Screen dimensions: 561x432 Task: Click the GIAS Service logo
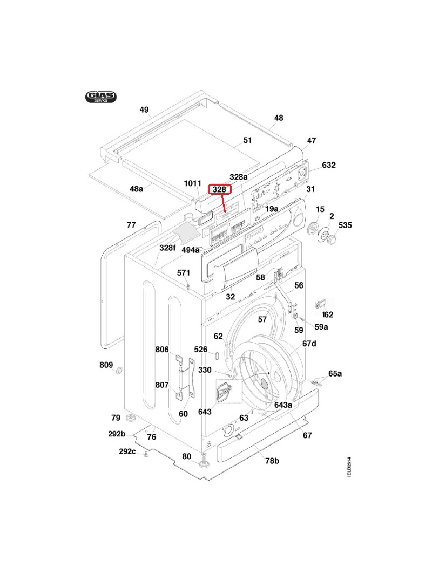(100, 97)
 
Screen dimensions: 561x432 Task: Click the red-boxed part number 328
(220, 190)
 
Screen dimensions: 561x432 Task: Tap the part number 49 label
(144, 110)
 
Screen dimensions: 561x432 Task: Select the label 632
(329, 165)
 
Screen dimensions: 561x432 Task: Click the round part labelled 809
(119, 371)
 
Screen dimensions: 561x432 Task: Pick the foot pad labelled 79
(130, 419)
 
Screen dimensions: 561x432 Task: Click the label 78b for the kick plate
(272, 460)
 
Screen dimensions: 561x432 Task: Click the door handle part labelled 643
(225, 391)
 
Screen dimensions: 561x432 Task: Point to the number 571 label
(184, 273)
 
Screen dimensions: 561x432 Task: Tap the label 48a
(137, 189)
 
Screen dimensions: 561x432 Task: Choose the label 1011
(193, 183)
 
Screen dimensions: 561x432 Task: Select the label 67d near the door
(309, 344)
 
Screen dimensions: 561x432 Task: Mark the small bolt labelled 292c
(146, 456)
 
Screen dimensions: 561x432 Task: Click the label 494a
(191, 250)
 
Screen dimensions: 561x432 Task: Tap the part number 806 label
(162, 350)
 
